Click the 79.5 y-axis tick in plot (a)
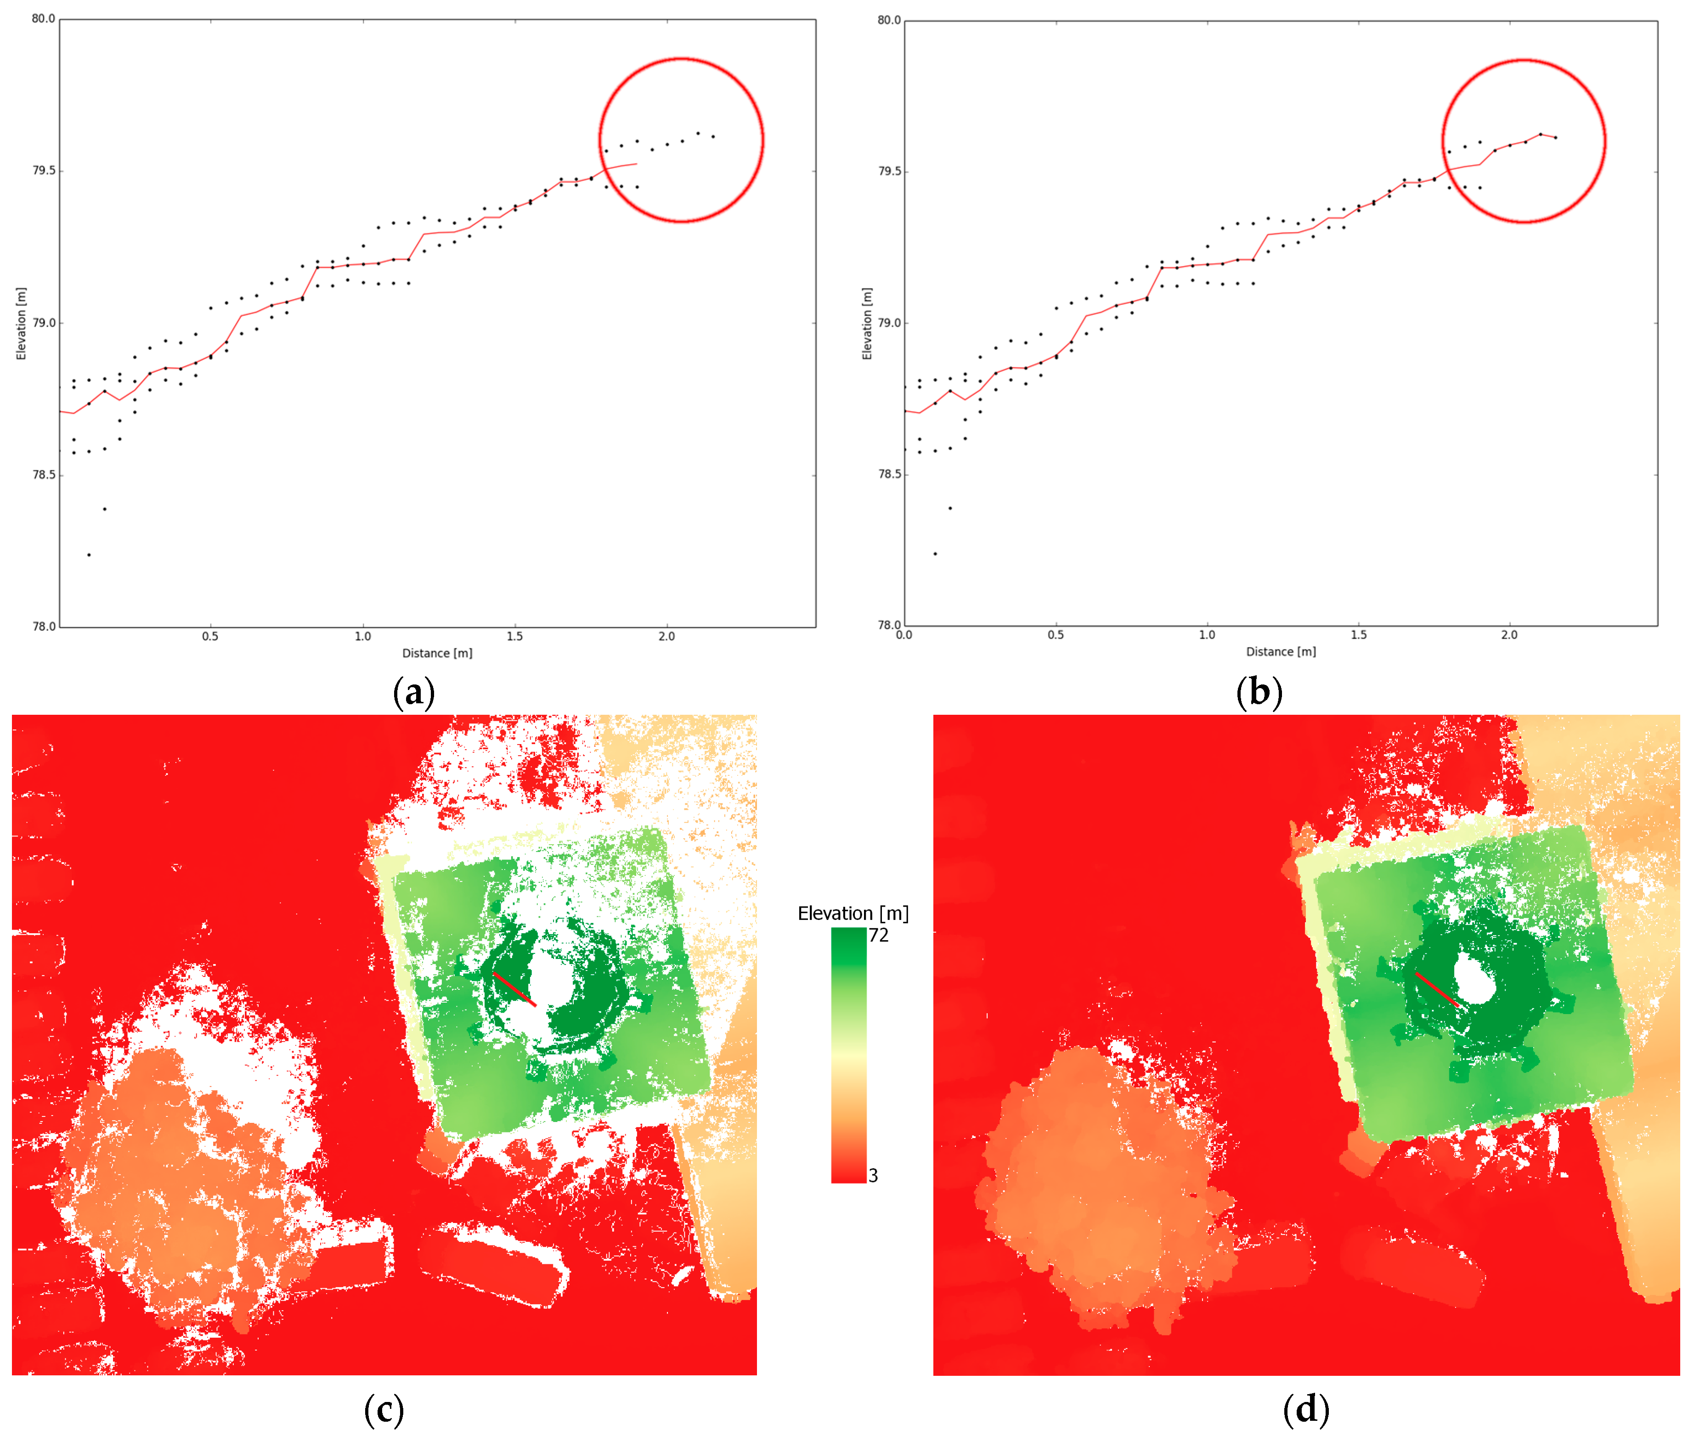tap(43, 171)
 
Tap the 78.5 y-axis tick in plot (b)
tap(889, 474)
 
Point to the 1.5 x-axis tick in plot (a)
tap(515, 636)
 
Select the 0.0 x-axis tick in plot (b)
tap(904, 635)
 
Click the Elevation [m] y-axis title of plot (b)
tap(867, 324)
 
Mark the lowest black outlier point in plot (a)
tap(89, 555)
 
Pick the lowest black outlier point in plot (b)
tap(935, 554)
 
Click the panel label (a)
tap(413, 693)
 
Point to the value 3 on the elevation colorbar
tap(873, 1176)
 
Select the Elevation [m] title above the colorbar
tap(853, 913)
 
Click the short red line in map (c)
tap(514, 989)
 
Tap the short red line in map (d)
tap(1437, 989)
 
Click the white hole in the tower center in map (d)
tap(1475, 980)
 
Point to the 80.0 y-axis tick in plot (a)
tap(43, 19)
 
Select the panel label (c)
tap(383, 1409)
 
